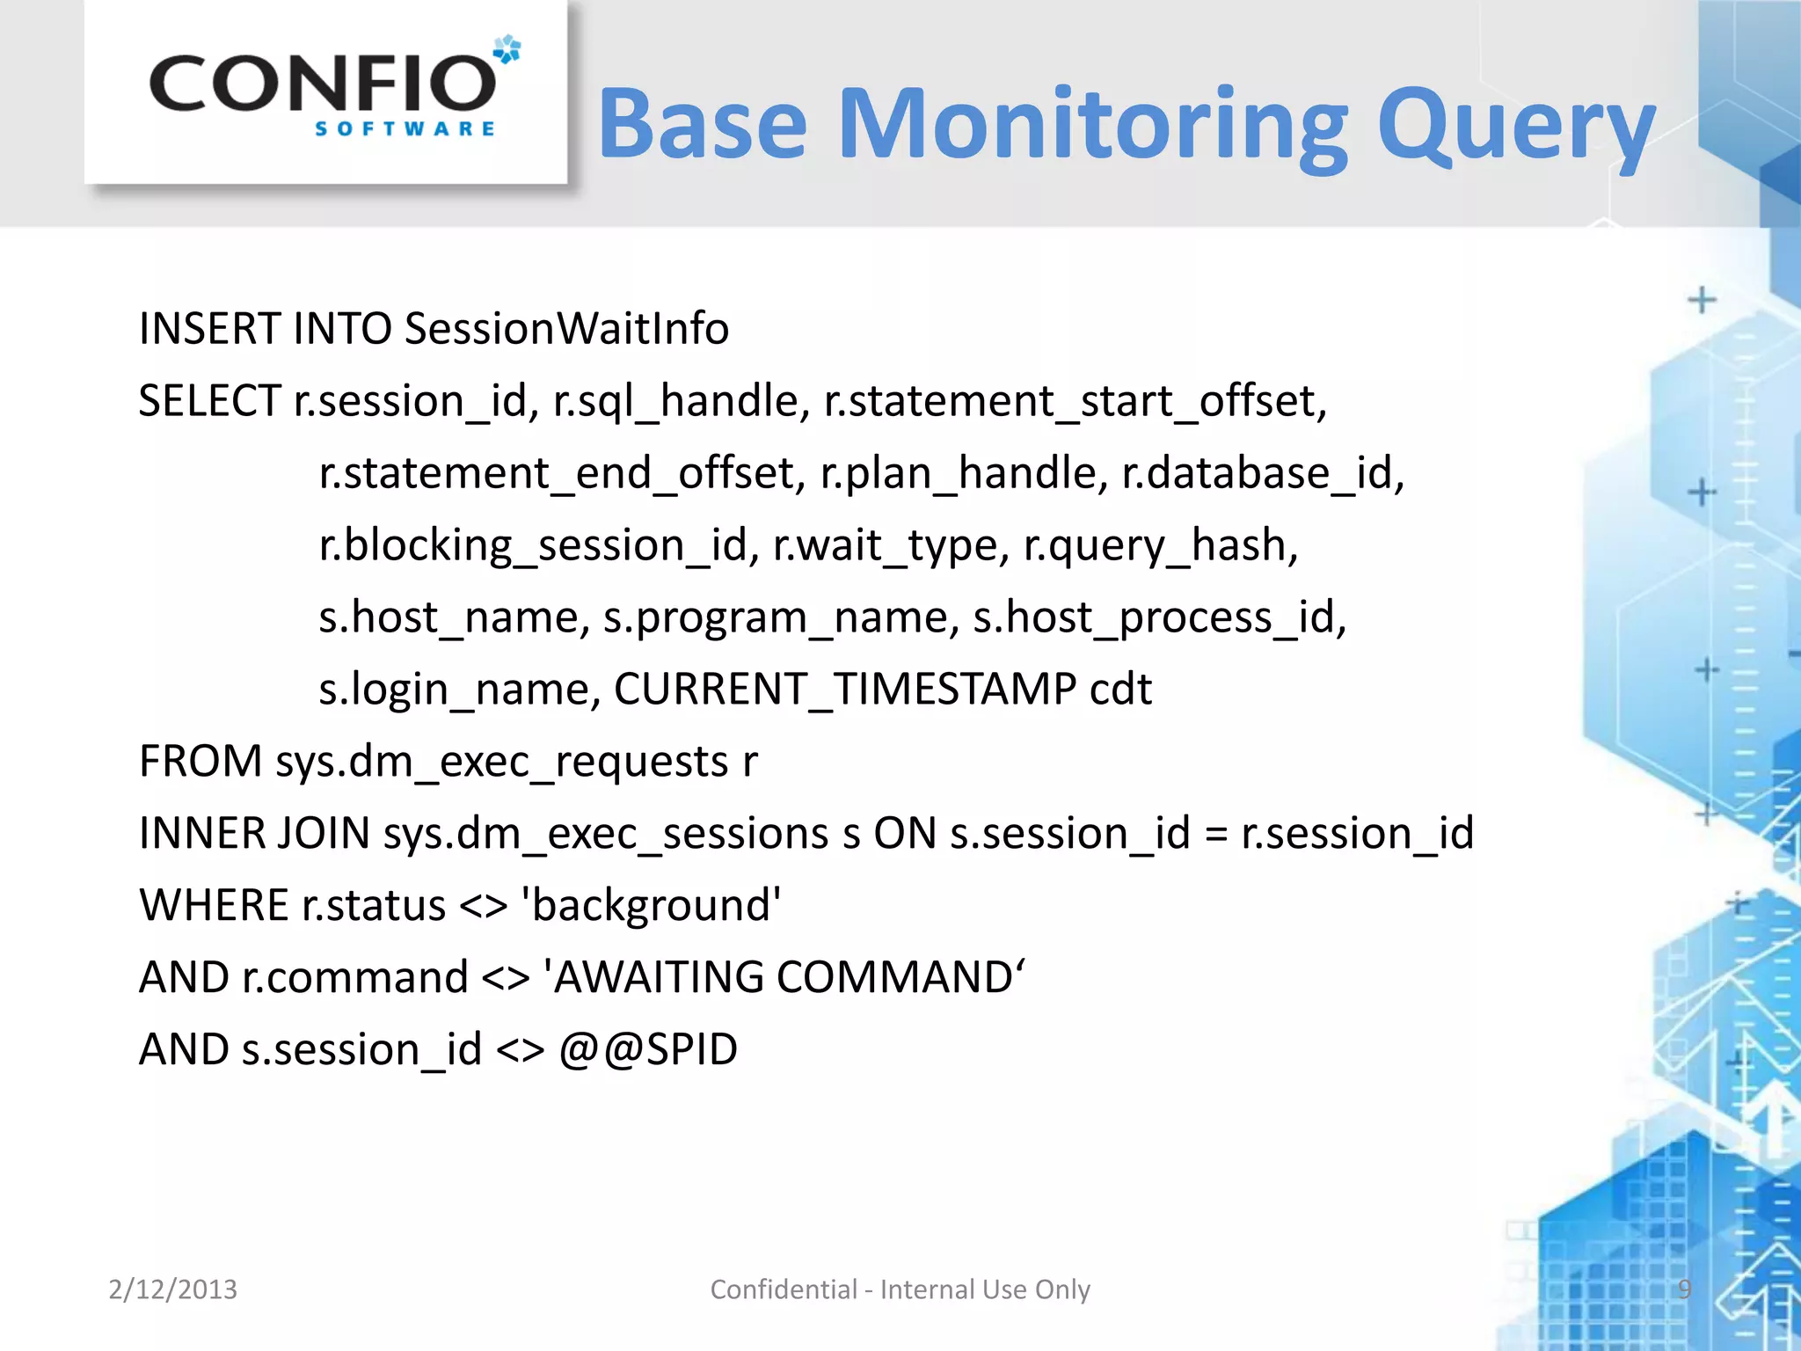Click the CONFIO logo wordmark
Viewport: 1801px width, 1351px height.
[x=323, y=84]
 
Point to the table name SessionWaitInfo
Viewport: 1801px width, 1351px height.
[x=566, y=329]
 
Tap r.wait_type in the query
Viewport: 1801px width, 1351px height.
[x=890, y=545]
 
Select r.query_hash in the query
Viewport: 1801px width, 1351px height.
[x=1160, y=545]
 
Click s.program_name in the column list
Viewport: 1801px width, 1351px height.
[x=781, y=617]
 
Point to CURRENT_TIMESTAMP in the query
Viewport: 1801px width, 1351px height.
[x=844, y=689]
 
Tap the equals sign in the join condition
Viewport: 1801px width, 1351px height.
[x=1215, y=835]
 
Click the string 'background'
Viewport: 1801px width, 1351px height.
[x=651, y=905]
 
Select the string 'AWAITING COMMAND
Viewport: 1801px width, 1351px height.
[x=784, y=977]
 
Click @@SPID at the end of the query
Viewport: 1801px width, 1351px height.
[x=648, y=1049]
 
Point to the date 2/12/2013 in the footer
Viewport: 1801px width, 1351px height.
[x=172, y=1289]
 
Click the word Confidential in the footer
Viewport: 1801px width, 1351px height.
[x=783, y=1289]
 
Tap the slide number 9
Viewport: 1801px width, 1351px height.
[x=1684, y=1289]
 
